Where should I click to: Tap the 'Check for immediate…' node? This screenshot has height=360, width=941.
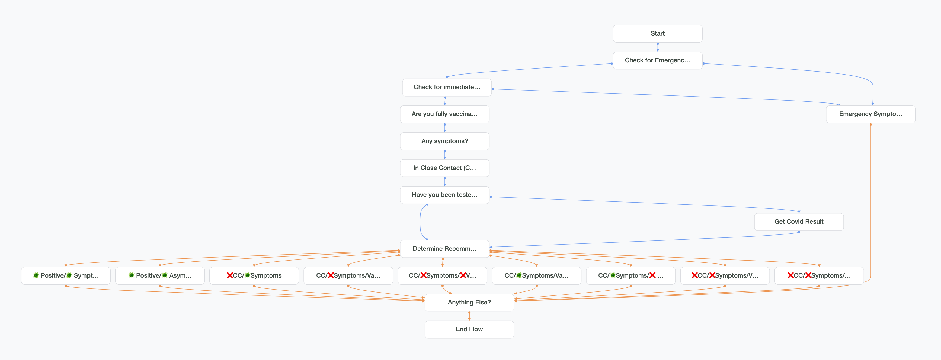pyautogui.click(x=446, y=87)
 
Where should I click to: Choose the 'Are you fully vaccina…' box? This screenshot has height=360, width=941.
pyautogui.click(x=444, y=114)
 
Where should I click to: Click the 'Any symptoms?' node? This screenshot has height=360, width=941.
pyautogui.click(x=444, y=141)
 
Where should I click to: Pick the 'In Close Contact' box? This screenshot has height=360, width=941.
pyautogui.click(x=444, y=168)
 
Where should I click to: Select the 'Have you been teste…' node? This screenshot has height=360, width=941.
pyautogui.click(x=444, y=195)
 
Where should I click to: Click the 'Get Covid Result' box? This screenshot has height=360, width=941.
pyautogui.click(x=799, y=222)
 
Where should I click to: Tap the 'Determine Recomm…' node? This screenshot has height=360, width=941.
pyautogui.click(x=444, y=249)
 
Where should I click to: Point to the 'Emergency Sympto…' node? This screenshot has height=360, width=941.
pyautogui.click(x=870, y=114)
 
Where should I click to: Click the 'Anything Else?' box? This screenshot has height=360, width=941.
pyautogui.click(x=469, y=302)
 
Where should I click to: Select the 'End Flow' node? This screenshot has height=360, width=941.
pyautogui.click(x=469, y=329)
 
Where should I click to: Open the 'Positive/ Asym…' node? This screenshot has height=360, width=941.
pyautogui.click(x=160, y=276)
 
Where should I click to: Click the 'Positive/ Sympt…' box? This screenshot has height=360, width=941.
pyautogui.click(x=66, y=276)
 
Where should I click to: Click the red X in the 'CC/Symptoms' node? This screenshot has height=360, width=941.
pyautogui.click(x=230, y=275)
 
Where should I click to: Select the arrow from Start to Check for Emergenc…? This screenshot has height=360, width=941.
pyautogui.click(x=658, y=47)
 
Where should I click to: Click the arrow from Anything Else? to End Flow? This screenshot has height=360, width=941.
pyautogui.click(x=469, y=316)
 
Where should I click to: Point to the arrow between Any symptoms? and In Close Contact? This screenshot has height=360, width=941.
pyautogui.click(x=444, y=155)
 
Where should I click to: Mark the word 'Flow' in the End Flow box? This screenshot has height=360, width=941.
pyautogui.click(x=476, y=329)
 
